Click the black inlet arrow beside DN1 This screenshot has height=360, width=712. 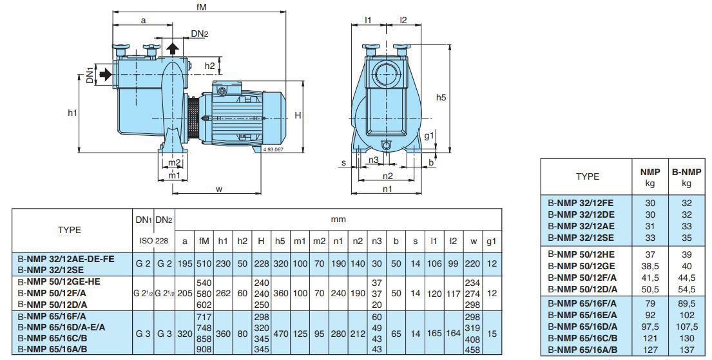tap(105, 74)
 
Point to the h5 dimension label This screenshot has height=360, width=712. tap(441, 97)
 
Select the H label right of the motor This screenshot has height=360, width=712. tap(298, 115)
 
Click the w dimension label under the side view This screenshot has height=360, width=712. tap(218, 189)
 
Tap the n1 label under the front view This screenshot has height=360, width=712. tap(387, 189)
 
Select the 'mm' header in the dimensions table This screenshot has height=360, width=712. tap(338, 220)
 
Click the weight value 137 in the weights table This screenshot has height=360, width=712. tap(686, 350)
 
